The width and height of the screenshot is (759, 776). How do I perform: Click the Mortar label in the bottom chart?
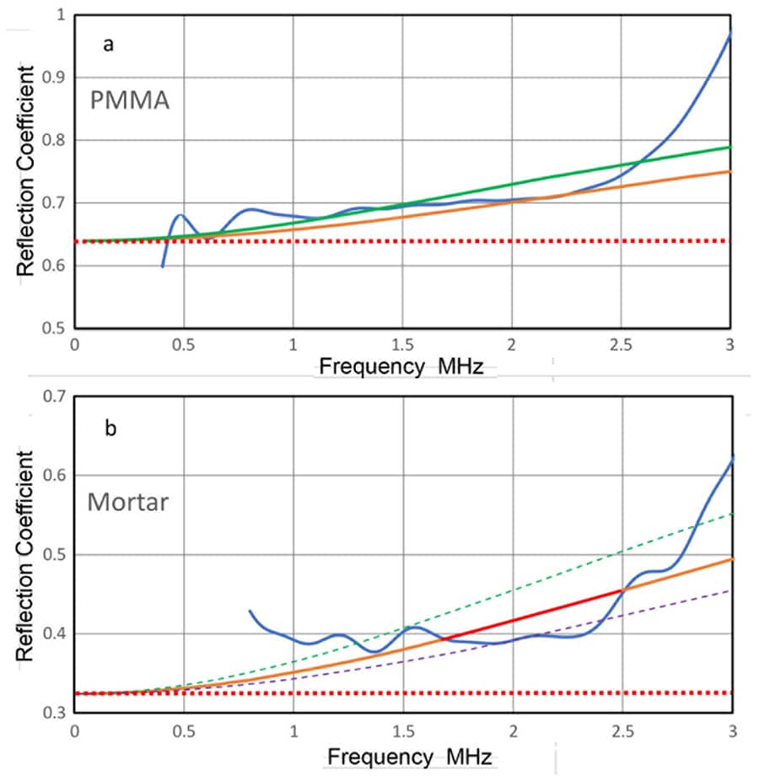click(x=128, y=504)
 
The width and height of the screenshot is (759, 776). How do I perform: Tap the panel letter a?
click(x=108, y=46)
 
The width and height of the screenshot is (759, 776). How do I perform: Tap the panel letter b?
click(x=110, y=428)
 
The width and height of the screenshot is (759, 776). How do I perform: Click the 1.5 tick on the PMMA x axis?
click(x=401, y=346)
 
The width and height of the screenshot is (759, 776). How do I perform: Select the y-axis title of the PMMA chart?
click(x=28, y=173)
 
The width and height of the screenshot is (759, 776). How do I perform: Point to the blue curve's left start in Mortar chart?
click(x=250, y=611)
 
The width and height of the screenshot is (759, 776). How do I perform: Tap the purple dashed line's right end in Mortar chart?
click(x=730, y=591)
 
